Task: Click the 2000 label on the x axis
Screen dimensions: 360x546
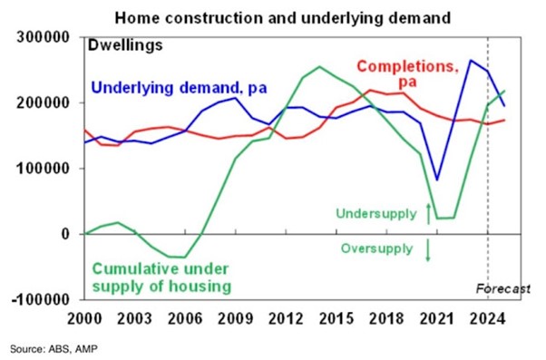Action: click(82, 319)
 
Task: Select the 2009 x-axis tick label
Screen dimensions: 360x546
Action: click(234, 319)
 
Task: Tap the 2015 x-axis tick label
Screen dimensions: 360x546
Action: click(336, 319)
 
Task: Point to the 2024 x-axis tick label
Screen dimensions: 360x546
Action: click(488, 319)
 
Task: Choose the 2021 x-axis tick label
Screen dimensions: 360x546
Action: click(437, 319)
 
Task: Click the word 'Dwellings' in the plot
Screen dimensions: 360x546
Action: click(123, 44)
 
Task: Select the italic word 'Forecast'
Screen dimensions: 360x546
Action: click(502, 289)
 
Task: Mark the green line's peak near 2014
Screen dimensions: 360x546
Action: click(319, 66)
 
